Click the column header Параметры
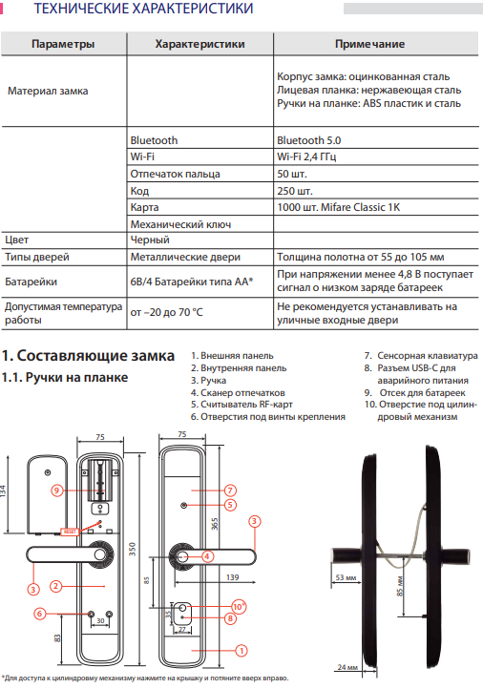coord(63,44)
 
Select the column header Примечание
coord(369,44)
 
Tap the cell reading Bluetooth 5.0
coord(309,140)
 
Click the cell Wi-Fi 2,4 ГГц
coord(306,157)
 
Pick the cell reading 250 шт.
coord(294,191)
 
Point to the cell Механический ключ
coord(180,224)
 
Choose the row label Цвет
coord(16,240)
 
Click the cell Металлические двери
coord(185,257)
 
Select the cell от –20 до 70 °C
coord(166,312)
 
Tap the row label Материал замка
coord(48,91)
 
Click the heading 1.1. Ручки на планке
coord(65,378)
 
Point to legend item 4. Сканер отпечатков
coord(238,393)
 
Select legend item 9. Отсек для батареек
coord(415,393)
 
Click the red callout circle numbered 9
coord(56,491)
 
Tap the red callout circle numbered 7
coord(230,491)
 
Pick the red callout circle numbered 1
coord(241,651)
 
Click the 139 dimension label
coord(233,577)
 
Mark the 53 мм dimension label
coord(346,577)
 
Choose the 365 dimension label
coord(215,524)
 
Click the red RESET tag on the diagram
coord(70,532)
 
